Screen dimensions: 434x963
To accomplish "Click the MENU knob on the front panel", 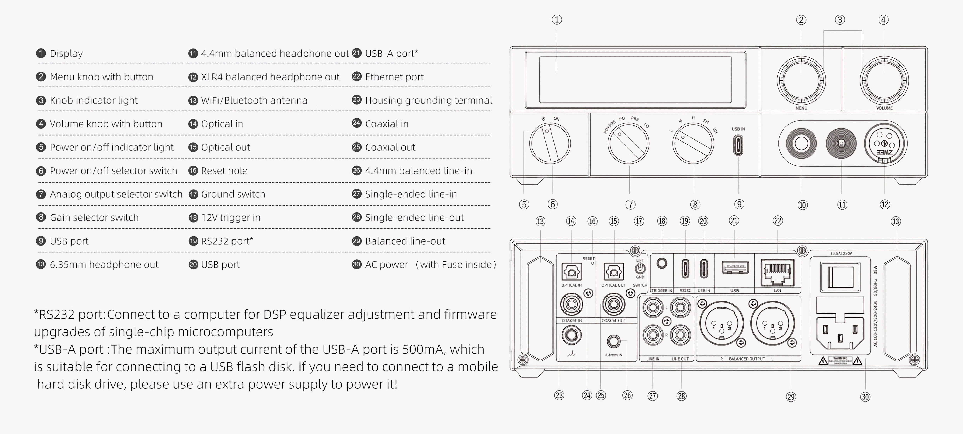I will coord(801,80).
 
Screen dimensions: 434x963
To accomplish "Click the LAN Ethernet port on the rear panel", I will coord(777,272).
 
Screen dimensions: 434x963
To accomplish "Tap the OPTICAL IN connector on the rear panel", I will coord(571,272).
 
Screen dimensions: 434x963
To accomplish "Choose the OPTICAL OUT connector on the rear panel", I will coord(614,272).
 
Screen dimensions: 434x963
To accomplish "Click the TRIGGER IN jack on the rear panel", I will coord(662,263).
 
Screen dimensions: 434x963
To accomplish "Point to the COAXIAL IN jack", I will coord(571,304).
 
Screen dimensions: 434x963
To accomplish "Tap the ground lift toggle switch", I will coord(640,268).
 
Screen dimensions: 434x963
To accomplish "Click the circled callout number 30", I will coord(865,397).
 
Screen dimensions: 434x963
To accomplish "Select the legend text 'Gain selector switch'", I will coord(94,217).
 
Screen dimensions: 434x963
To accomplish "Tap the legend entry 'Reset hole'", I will coord(224,171).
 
